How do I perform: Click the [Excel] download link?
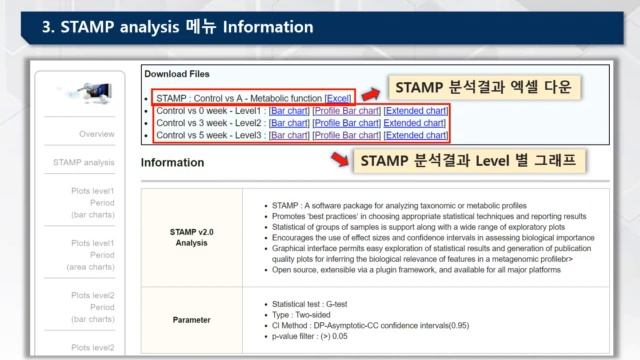[339, 98]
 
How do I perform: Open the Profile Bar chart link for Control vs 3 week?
[346, 122]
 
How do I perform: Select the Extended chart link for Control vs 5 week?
[415, 135]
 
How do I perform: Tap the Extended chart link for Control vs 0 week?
[415, 110]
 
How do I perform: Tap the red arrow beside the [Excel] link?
[372, 93]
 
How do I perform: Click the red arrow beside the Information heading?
[340, 160]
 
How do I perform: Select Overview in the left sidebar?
[97, 133]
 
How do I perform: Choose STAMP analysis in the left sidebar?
[84, 161]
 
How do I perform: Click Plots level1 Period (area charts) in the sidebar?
[92, 255]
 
